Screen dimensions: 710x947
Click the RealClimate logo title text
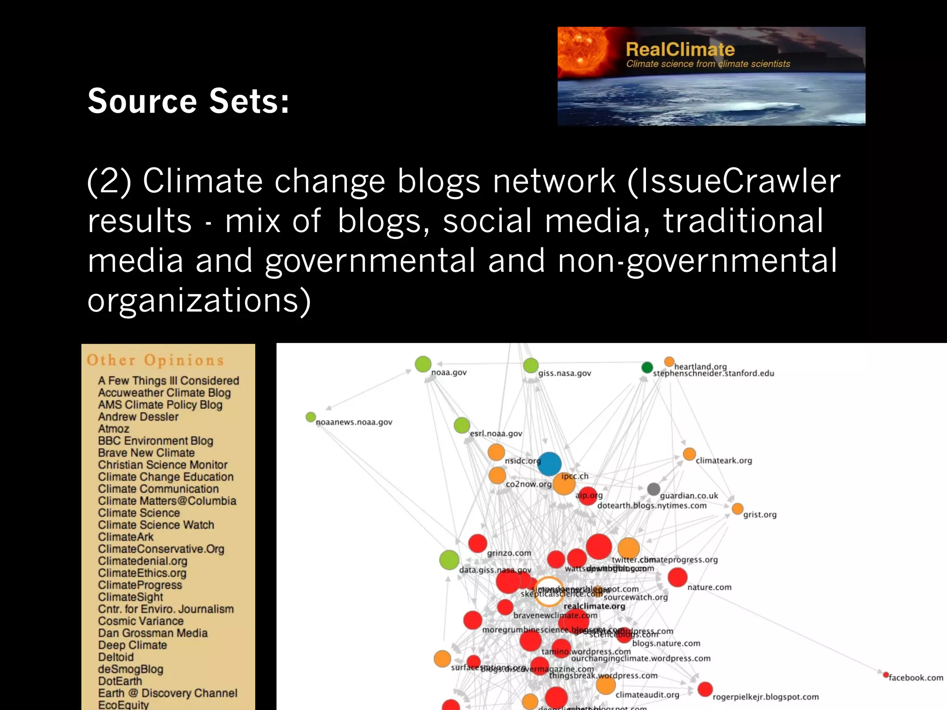(680, 49)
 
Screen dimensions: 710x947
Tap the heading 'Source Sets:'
(189, 101)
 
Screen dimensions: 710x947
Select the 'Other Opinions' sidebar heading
(155, 360)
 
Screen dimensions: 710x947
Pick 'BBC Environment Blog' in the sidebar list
(155, 441)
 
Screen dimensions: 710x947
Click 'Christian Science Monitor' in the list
(163, 465)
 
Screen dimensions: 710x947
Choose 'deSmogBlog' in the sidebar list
(130, 669)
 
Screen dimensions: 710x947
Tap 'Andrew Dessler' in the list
(138, 416)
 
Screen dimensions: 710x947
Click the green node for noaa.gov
(423, 364)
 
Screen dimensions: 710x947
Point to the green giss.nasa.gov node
(530, 366)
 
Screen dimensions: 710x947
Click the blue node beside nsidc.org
(549, 464)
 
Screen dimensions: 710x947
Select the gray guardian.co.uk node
(653, 489)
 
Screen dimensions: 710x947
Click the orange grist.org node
(738, 509)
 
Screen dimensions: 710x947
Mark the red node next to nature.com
(677, 577)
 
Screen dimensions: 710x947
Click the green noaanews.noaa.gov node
(311, 417)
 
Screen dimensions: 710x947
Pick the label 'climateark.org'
(724, 460)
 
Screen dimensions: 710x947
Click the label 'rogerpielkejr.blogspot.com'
(765, 697)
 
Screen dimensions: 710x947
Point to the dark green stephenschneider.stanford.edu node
(647, 367)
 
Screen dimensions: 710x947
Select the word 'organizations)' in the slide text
(199, 300)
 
